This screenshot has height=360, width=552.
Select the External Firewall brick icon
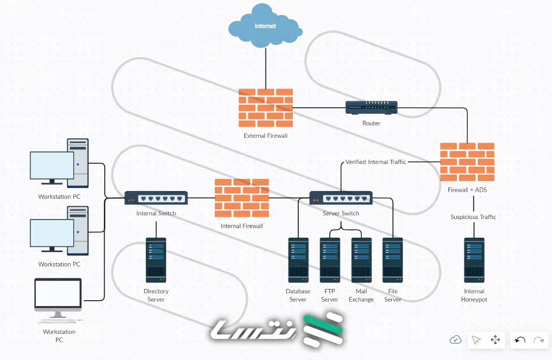pyautogui.click(x=266, y=107)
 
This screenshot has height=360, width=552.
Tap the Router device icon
pyautogui.click(x=371, y=108)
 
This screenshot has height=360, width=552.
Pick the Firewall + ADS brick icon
pyautogui.click(x=467, y=162)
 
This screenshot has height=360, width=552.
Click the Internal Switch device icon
pyautogui.click(x=156, y=198)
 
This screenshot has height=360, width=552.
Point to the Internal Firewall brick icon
pyautogui.click(x=242, y=198)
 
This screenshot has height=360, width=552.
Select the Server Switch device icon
pyautogui.click(x=341, y=198)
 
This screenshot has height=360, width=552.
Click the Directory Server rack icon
pyautogui.click(x=156, y=260)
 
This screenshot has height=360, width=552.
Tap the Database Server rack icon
pyautogui.click(x=298, y=260)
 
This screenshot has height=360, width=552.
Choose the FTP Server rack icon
pyautogui.click(x=330, y=260)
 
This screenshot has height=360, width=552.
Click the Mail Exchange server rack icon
pyautogui.click(x=361, y=260)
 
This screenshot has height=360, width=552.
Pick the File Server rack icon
pyautogui.click(x=393, y=260)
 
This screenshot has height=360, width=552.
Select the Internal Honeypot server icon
pyautogui.click(x=474, y=260)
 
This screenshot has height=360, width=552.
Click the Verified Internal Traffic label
pyautogui.click(x=376, y=162)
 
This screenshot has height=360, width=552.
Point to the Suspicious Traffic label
pyautogui.click(x=473, y=217)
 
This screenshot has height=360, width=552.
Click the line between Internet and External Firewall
pyautogui.click(x=266, y=67)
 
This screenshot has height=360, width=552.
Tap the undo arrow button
pyautogui.click(x=520, y=340)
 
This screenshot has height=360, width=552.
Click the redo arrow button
pyautogui.click(x=539, y=340)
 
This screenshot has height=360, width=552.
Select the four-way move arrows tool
pyautogui.click(x=495, y=340)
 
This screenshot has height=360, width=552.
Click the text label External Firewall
pyautogui.click(x=266, y=136)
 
